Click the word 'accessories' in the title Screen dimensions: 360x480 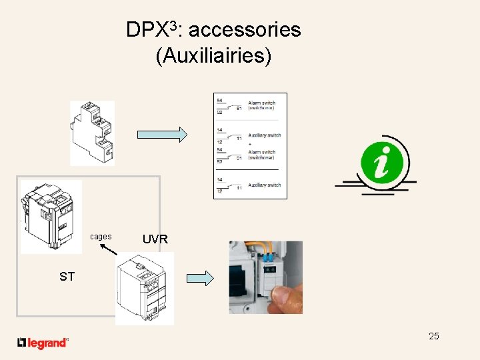click(249, 30)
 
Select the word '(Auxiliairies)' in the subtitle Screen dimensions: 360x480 click(213, 56)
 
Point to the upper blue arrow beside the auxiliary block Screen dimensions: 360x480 click(163, 134)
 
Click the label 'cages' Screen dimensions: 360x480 click(101, 237)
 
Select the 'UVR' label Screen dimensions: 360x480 click(155, 239)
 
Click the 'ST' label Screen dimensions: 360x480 click(67, 277)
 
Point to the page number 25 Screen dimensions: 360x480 click(434, 336)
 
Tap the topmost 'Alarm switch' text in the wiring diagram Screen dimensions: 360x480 click(261, 103)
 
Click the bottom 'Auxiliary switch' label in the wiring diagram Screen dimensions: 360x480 click(264, 185)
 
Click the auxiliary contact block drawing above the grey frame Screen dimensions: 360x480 click(92, 133)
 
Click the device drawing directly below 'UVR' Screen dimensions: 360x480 click(144, 288)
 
